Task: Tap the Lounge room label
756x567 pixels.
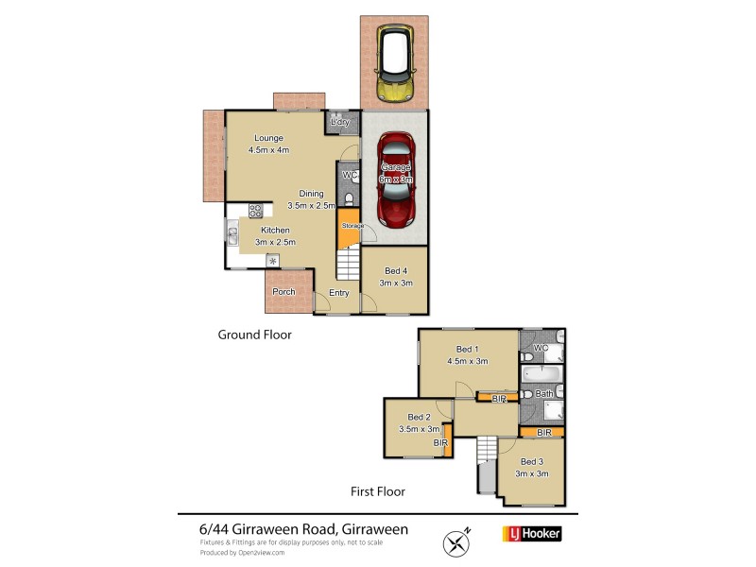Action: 267,139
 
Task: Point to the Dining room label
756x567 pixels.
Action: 305,194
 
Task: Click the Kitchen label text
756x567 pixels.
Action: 274,230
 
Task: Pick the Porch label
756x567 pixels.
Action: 283,292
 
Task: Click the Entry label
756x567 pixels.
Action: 339,293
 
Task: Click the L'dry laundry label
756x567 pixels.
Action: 340,123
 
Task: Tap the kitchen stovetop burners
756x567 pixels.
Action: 255,211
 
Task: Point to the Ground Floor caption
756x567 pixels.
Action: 254,335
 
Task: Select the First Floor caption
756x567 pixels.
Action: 378,491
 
